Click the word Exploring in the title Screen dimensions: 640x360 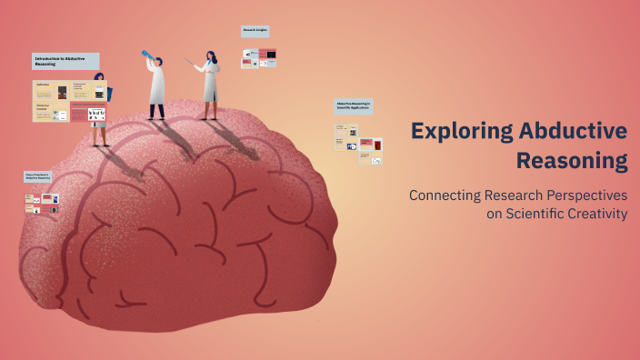point(460,131)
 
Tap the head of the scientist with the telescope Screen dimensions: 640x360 point(158,62)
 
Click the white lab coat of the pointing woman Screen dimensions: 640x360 point(211,85)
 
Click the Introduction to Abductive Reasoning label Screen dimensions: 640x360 point(64,61)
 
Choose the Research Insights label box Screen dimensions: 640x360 point(255,31)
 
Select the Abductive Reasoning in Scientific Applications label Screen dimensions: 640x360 point(353,106)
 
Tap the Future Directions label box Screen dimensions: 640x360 point(37,176)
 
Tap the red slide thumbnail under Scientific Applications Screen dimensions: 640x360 point(366,144)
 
